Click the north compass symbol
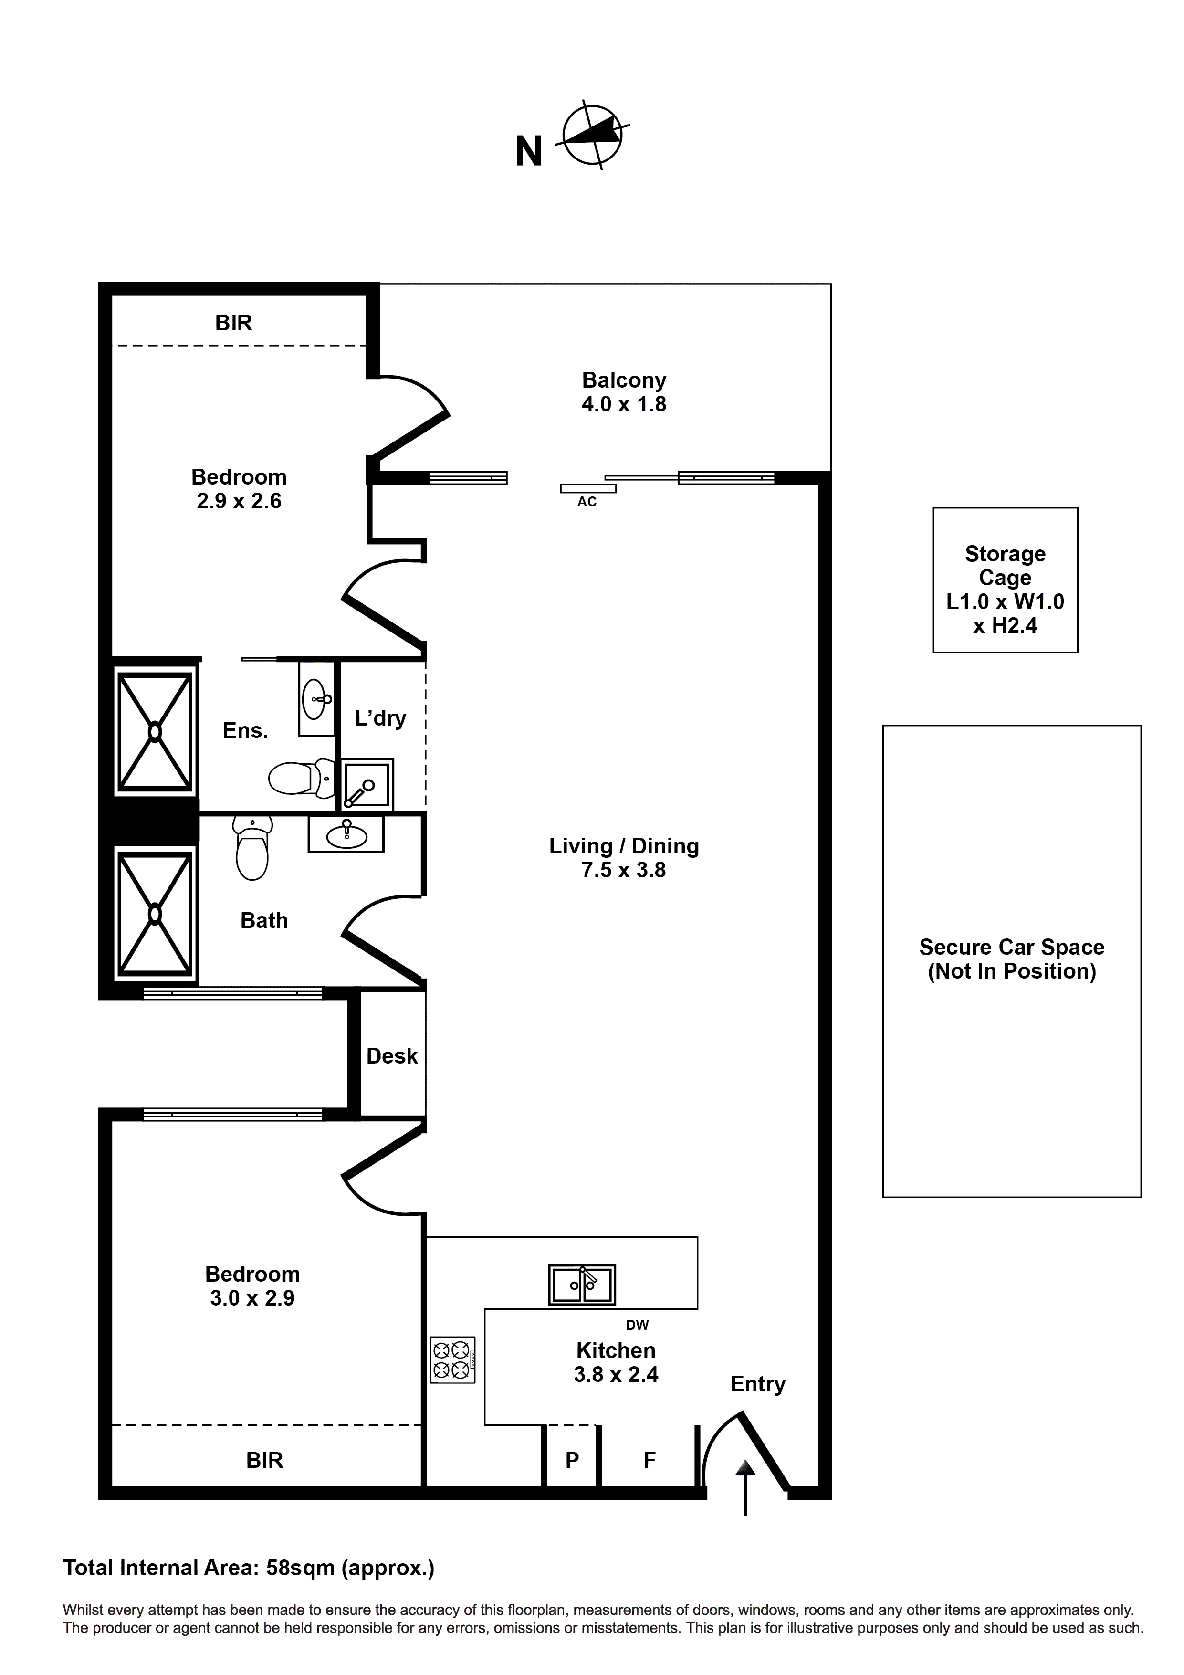[x=592, y=135]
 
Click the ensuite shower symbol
[x=155, y=732]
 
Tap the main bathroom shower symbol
[x=155, y=914]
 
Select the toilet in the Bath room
[x=252, y=849]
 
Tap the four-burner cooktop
[x=452, y=1360]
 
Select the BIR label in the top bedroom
[x=233, y=323]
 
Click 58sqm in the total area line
[x=300, y=1567]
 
